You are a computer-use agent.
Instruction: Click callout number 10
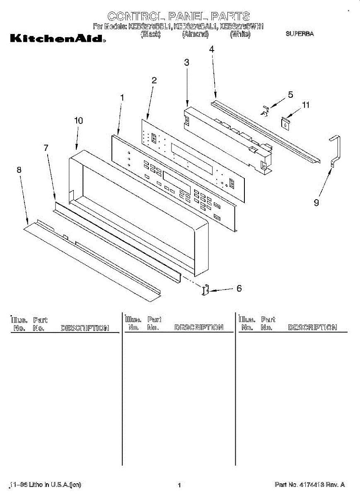pos(78,121)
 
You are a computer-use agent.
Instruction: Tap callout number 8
pos(19,170)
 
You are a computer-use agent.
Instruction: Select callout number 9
pos(317,203)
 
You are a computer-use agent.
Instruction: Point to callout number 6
pos(239,289)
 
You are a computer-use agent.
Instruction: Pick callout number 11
pos(305,105)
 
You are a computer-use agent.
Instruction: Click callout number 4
pos(212,49)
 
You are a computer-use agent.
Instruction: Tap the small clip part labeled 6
pos(205,290)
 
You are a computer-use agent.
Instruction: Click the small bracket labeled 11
pos(285,122)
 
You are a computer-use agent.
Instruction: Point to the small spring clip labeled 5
pos(266,110)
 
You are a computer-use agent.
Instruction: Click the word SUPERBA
pos(300,34)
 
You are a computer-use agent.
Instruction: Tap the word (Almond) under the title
pos(195,35)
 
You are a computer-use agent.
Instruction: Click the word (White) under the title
pos(240,35)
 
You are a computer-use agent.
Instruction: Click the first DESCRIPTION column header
pos(85,328)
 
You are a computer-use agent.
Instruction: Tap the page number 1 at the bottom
pos(179,485)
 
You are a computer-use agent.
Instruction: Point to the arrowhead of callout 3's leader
pos(188,105)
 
